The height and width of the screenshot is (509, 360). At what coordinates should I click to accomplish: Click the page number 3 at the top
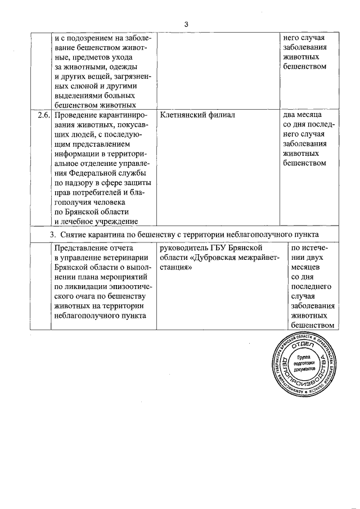coord(185,24)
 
